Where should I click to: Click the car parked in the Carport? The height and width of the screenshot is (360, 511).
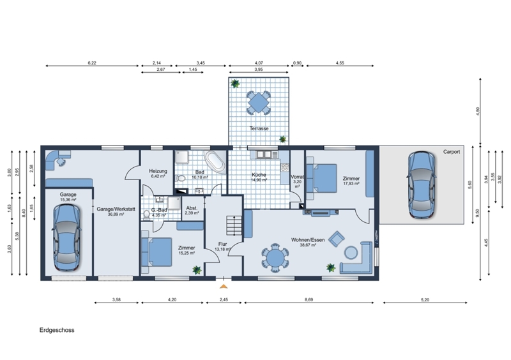422,184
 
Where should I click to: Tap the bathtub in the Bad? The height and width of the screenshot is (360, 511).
215,162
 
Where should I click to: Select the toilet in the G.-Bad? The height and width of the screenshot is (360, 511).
147,214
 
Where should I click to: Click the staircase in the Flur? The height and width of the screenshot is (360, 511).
234,225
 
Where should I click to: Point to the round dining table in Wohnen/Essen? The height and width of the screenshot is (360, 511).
275,258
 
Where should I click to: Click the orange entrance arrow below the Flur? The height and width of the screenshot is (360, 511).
224,287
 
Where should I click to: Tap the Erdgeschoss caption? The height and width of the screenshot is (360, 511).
57,330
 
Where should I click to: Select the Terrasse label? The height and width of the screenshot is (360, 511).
259,128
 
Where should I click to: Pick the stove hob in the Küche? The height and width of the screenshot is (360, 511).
285,167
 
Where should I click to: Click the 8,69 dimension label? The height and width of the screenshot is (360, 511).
309,300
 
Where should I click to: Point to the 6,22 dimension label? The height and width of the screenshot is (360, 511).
92,63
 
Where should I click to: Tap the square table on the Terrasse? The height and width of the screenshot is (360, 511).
259,103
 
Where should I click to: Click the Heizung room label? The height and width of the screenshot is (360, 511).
158,171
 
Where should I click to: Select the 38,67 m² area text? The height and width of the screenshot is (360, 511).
308,245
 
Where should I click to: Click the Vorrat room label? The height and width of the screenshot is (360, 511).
297,177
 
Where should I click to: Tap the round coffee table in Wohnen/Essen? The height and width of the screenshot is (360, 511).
351,253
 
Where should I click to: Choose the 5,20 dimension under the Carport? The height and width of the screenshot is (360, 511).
425,300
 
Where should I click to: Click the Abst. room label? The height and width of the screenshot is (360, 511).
192,208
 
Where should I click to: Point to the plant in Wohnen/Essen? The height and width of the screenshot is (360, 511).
331,268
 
